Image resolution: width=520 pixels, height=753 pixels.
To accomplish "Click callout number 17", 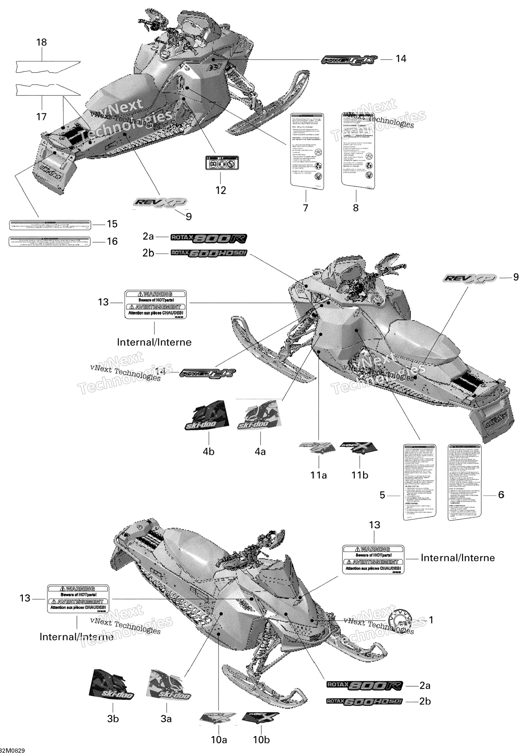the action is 41,116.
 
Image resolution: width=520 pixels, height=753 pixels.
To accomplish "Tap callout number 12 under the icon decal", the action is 221,190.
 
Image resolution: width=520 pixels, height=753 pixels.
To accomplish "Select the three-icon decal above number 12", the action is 222,163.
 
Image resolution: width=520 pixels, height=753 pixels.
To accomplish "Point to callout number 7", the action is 305,208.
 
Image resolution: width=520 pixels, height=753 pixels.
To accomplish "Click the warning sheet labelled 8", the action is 357,151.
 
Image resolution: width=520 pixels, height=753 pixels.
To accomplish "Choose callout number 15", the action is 112,224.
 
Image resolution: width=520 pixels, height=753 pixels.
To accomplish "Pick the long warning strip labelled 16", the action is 49,241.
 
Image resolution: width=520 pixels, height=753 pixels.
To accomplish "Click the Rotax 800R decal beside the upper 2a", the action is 209,238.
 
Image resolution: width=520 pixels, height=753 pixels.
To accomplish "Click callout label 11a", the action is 318,475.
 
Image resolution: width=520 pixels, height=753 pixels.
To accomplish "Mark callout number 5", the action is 383,495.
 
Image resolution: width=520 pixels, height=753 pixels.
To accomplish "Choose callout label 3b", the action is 113,718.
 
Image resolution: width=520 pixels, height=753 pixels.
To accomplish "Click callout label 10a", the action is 219,740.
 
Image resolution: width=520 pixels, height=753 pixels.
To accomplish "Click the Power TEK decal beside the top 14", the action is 349,60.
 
